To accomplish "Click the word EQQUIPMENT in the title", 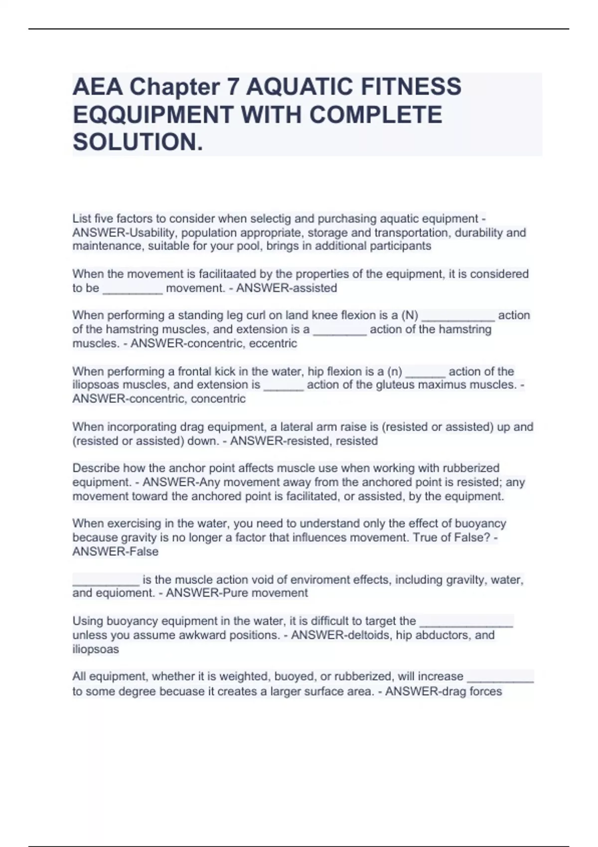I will click(152, 115).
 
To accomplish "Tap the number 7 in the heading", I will click(232, 87).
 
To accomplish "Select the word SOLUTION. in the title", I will click(138, 142).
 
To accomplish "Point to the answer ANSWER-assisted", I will click(287, 288).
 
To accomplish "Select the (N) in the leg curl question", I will click(410, 315).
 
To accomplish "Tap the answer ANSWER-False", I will click(116, 552).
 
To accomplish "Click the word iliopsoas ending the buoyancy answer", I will click(96, 649).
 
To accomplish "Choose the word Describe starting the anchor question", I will click(96, 468).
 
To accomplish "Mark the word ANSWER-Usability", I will click(124, 233).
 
